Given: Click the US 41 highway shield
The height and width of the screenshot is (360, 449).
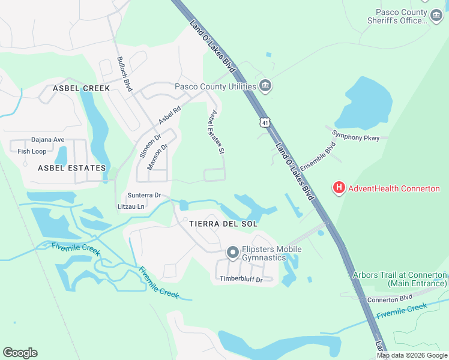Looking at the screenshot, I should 265,122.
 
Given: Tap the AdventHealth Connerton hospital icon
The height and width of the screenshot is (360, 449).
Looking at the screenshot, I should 339,188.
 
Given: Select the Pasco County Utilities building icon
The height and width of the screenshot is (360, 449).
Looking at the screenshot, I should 265,86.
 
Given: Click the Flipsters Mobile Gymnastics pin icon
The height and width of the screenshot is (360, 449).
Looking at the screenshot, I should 233,254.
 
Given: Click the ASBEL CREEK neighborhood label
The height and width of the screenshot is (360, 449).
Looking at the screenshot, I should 82,88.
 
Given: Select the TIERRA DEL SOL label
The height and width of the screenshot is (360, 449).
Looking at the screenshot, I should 223,224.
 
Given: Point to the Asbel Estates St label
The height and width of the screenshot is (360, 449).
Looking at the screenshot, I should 216,132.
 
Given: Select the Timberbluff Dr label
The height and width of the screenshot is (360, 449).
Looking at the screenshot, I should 241,279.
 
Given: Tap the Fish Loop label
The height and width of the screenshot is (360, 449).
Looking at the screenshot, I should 32,151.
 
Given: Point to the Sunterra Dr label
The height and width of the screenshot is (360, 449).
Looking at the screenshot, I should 144,195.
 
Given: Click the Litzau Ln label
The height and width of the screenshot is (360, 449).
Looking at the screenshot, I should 131,206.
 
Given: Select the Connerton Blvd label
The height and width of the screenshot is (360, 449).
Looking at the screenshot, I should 390,298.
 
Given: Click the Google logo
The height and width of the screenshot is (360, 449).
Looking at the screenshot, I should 20,353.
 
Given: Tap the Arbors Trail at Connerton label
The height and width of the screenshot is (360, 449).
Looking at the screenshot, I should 399,278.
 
